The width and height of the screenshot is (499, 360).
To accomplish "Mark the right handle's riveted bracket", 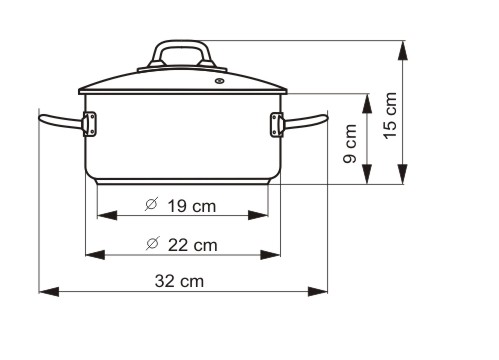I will pyautogui.click(x=276, y=124).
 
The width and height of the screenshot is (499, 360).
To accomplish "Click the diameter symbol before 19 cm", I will pyautogui.click(x=151, y=206).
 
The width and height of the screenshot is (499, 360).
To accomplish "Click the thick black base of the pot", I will pyautogui.click(x=183, y=182).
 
